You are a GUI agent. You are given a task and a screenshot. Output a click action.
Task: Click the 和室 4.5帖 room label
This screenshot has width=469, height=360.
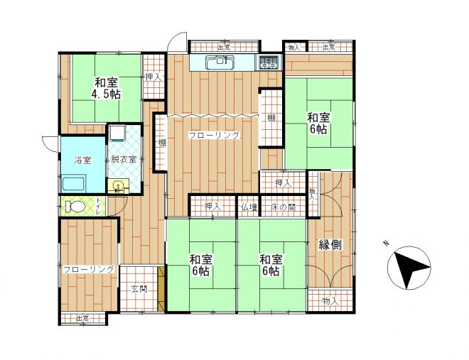[106, 88]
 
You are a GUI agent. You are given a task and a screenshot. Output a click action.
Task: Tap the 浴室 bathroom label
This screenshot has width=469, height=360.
[83, 160]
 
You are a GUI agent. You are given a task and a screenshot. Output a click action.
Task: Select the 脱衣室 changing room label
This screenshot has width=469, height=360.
[124, 159]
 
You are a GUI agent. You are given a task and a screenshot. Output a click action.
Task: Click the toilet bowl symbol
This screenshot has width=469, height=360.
[75, 206]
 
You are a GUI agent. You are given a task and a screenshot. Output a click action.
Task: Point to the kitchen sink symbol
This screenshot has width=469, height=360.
[220, 62]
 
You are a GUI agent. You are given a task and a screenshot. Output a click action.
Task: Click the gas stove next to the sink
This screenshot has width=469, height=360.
[269, 62]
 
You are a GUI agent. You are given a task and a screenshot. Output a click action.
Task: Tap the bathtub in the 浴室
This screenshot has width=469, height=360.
[74, 185]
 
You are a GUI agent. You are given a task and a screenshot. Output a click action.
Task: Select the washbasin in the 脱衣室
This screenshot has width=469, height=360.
[119, 187]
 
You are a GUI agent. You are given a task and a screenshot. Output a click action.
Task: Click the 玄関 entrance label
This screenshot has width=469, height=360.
[139, 289]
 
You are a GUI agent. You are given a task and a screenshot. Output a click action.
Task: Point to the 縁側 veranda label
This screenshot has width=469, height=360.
[330, 245]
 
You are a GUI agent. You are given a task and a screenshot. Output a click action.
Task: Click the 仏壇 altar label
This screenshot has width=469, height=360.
[249, 207]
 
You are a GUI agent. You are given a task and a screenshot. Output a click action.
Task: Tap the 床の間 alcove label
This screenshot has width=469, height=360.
[284, 207]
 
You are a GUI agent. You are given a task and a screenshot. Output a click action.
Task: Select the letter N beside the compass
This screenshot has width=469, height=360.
[386, 243]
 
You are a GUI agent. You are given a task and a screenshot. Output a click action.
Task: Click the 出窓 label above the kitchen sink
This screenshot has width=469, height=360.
[223, 47]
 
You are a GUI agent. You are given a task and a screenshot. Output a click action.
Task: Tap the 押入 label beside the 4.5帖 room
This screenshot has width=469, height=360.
[153, 77]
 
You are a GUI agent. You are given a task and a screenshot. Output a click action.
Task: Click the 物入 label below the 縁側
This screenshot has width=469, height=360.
[330, 301]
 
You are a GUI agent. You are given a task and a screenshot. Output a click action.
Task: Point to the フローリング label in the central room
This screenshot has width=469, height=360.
[214, 136]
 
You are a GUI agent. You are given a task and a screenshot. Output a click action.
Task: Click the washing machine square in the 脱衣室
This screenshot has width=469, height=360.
[117, 133]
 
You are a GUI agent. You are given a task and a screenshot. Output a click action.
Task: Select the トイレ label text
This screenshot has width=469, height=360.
[98, 206]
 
